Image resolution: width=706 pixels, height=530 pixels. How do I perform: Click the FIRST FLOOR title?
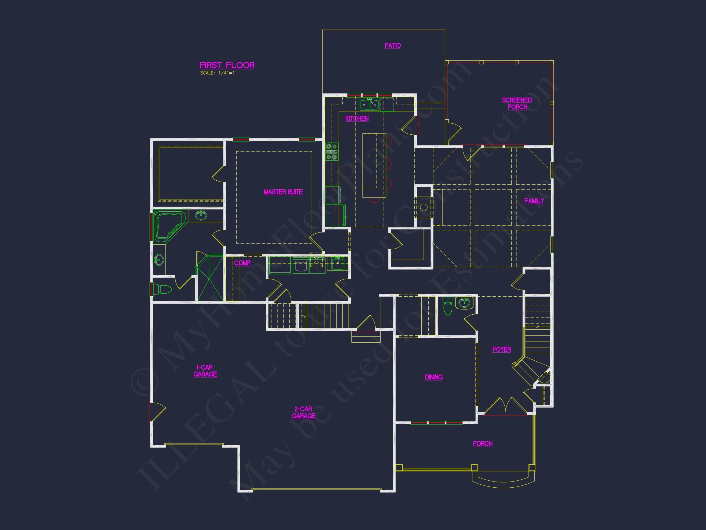(x=227, y=65)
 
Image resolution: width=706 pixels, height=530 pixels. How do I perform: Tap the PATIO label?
(x=393, y=46)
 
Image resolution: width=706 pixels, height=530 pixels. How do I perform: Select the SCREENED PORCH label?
(x=517, y=103)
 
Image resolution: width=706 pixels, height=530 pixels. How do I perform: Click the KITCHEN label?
(x=357, y=118)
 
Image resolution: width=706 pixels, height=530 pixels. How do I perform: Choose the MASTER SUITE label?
(x=283, y=192)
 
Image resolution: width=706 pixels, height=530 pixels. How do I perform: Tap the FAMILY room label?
(x=534, y=201)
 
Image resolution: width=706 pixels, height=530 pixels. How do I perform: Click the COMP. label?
(x=243, y=263)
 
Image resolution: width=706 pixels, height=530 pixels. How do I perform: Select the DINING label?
(x=433, y=377)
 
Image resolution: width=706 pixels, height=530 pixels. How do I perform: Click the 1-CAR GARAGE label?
(x=205, y=371)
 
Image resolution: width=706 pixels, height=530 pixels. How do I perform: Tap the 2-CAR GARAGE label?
(x=304, y=413)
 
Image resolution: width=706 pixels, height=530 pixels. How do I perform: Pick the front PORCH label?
(x=483, y=444)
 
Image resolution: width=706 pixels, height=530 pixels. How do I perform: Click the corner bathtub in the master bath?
(x=169, y=225)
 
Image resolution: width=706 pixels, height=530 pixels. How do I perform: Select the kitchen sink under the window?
(x=370, y=104)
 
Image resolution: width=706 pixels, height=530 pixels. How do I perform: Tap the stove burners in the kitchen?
(x=332, y=152)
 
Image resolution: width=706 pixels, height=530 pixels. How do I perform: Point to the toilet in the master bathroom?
(x=162, y=289)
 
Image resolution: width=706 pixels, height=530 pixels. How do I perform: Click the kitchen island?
(x=374, y=166)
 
